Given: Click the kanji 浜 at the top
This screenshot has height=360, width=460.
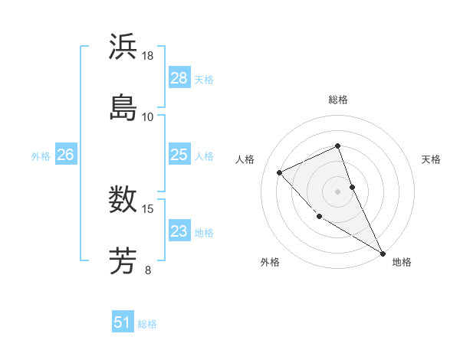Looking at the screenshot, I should (123, 47).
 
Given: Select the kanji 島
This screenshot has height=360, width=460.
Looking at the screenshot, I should (123, 106).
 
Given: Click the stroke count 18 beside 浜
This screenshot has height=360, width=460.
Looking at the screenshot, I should (148, 55).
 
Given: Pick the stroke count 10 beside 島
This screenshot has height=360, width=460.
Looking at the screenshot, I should (148, 116).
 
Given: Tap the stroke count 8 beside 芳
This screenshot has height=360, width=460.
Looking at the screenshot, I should (148, 269).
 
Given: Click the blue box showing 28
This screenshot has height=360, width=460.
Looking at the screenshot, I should (179, 78).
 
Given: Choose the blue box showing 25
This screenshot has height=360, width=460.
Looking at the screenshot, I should (179, 155).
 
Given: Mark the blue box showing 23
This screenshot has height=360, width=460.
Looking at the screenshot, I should (179, 231).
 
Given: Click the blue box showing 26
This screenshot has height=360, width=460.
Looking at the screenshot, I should (65, 155).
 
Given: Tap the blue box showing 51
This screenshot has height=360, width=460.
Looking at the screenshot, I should (123, 322).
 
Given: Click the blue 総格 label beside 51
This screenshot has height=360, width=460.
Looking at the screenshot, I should (147, 324).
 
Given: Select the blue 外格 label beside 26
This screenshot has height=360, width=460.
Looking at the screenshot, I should (41, 156).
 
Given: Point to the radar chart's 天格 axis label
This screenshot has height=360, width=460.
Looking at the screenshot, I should (432, 159).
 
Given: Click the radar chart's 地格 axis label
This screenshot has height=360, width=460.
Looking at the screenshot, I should (402, 262).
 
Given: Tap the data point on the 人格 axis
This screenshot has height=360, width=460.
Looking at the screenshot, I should (280, 172).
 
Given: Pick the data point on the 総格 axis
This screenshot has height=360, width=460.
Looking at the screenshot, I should (337, 146).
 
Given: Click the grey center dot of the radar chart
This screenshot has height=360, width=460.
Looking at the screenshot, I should (337, 191).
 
